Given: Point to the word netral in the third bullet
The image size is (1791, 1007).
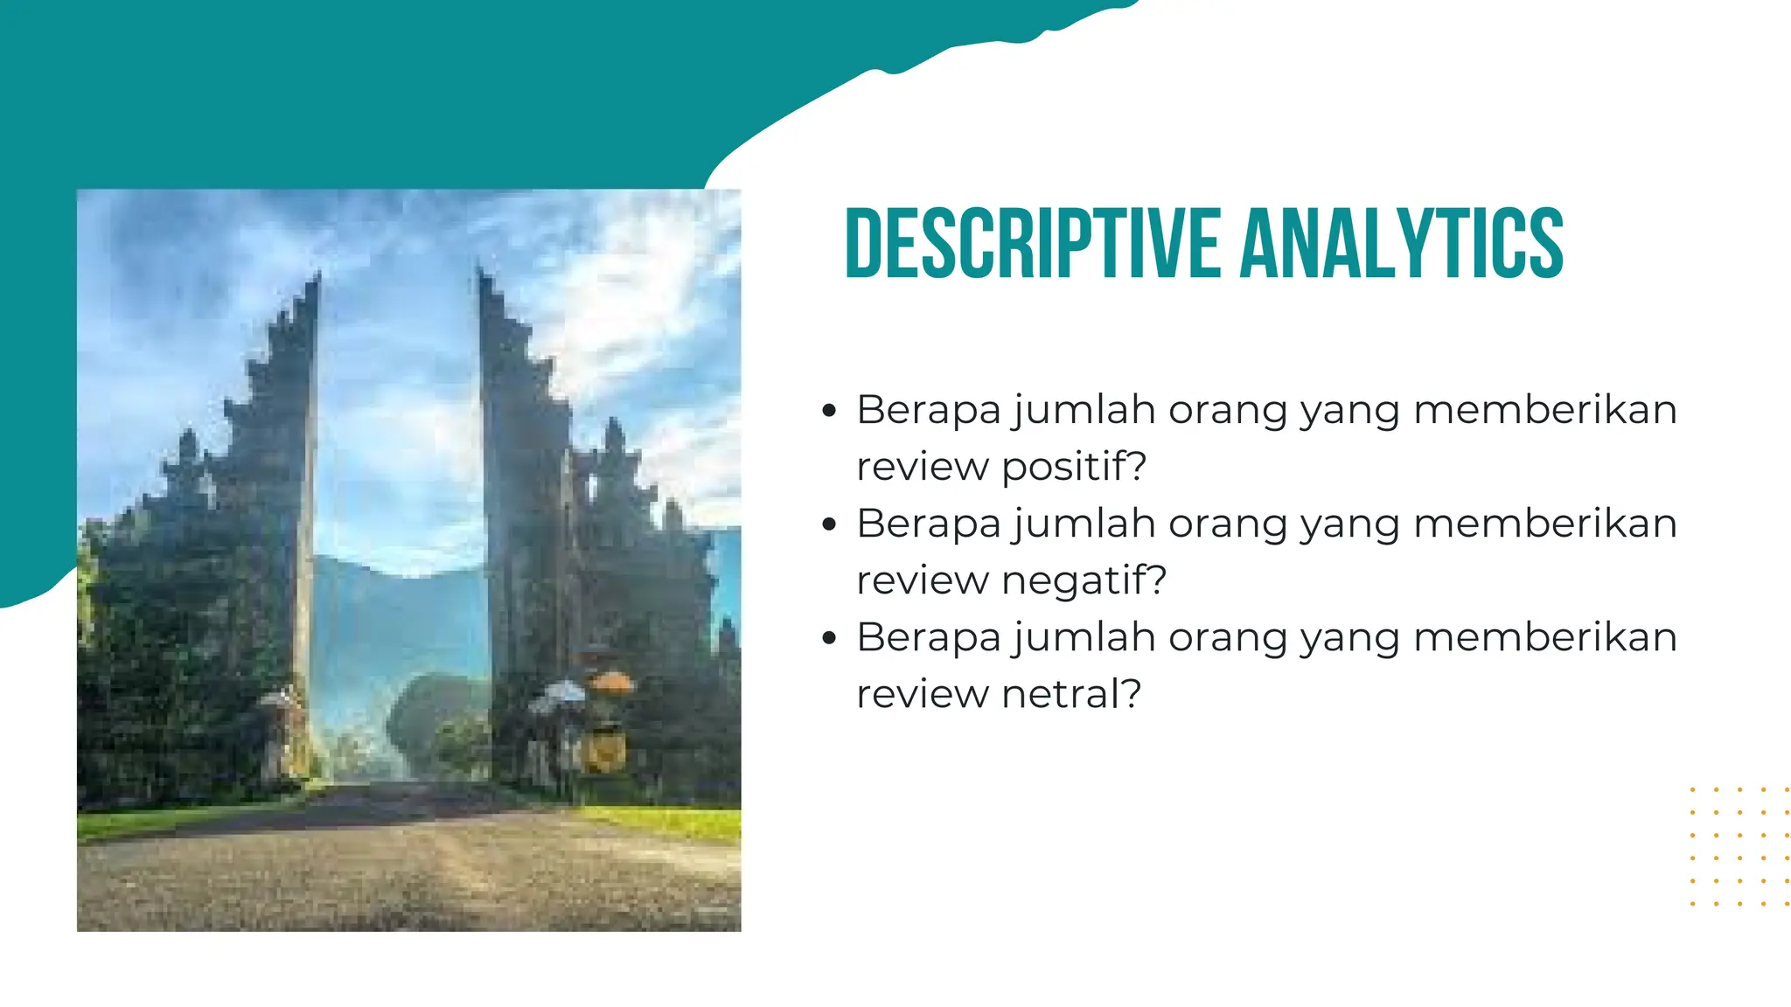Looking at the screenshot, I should (1059, 694).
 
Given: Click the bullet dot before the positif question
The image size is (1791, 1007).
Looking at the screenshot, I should (830, 410).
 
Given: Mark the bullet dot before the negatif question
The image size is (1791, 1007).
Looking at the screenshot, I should (830, 524).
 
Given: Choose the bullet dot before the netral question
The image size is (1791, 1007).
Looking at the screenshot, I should (830, 637).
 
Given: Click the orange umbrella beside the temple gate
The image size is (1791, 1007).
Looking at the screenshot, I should (611, 681).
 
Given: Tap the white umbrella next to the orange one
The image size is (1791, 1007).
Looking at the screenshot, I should (564, 691).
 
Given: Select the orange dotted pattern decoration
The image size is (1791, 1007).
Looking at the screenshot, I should (1739, 846).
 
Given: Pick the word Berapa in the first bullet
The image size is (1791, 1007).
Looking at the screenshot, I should (928, 410).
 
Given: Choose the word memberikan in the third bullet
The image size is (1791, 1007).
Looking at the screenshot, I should (1544, 637).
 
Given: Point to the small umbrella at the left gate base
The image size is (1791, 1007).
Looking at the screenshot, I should (278, 699).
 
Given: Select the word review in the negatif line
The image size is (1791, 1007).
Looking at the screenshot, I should (922, 581).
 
